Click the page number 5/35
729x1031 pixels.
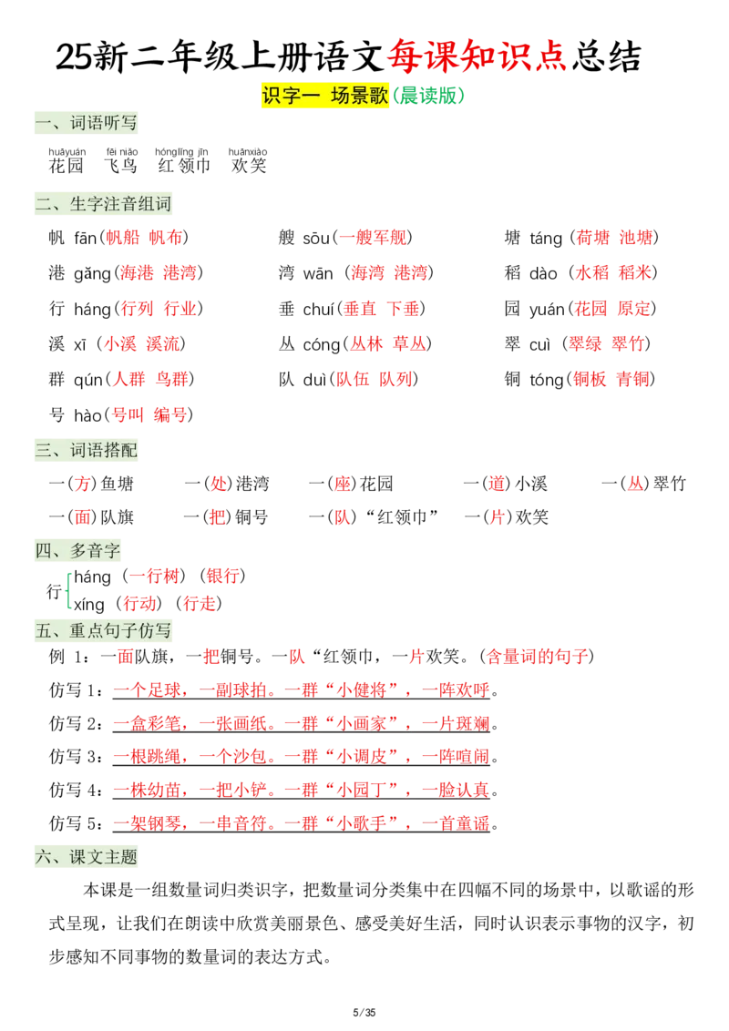coord(364,1012)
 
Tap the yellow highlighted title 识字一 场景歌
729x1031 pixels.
coord(325,96)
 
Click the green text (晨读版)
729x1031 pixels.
coord(428,96)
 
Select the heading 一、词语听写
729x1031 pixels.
coord(87,123)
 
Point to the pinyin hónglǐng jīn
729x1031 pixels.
coord(181,152)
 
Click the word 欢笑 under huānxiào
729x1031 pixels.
coord(249,166)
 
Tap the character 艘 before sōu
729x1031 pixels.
coord(286,238)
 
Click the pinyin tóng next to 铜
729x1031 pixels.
coord(547,380)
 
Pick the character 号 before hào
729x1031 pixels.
coord(56,415)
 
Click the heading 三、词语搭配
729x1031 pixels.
coord(87,451)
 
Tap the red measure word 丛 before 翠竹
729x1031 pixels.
coord(634,484)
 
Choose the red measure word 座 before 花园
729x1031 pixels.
coord(343,484)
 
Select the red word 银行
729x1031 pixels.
coord(222,577)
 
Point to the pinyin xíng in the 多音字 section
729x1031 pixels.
coord(88,605)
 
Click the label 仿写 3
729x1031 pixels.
coord(76,757)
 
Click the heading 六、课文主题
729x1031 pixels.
coord(87,857)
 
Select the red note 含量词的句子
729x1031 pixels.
coord(537,656)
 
